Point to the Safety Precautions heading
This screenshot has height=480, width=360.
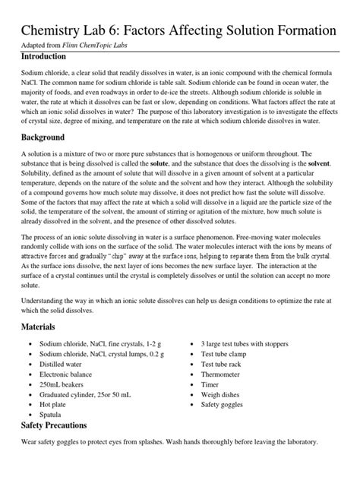pyautogui.click(x=57, y=425)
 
